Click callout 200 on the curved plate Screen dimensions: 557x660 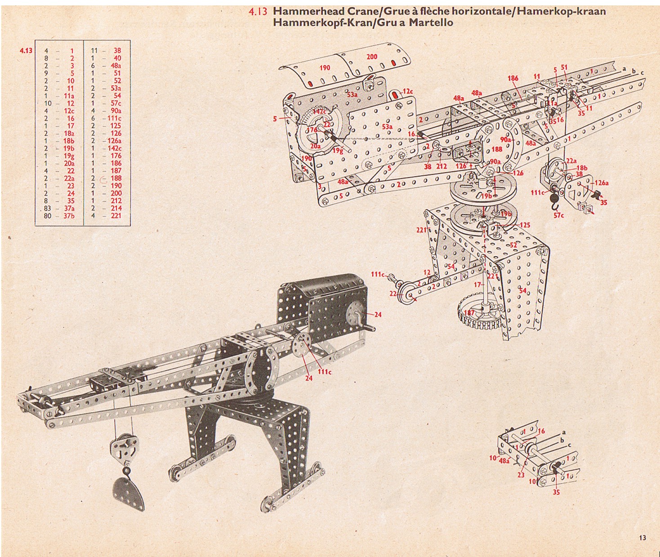pos(372,57)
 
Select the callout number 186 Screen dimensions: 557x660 pos(513,78)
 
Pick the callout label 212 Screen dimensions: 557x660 pos(442,166)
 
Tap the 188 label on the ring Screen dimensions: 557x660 pos(497,149)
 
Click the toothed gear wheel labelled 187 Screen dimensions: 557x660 pos(479,312)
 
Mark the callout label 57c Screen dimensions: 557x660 pos(559,215)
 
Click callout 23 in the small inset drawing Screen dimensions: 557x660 pos(521,475)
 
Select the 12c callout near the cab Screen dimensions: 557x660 pos(407,92)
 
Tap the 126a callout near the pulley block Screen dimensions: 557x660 pos(601,183)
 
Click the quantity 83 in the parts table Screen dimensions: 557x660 pos(47,208)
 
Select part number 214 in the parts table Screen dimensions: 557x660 pos(116,208)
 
